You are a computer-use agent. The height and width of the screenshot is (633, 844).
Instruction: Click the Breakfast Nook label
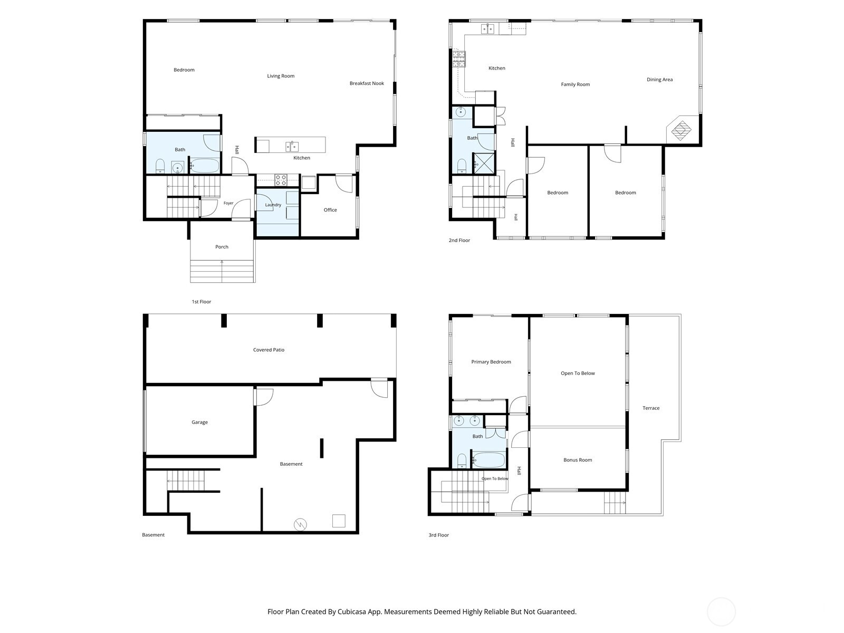click(x=367, y=83)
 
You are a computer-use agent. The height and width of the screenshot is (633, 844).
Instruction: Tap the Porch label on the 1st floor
click(x=222, y=247)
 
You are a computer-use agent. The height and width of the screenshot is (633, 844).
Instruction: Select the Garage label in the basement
click(x=199, y=422)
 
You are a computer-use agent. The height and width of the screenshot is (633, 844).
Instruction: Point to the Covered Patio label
click(x=268, y=350)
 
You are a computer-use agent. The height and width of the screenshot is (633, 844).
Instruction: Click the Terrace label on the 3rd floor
click(x=650, y=408)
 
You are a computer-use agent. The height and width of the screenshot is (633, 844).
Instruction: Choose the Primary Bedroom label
click(x=491, y=362)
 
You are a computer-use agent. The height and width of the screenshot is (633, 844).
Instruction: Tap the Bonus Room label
click(x=578, y=459)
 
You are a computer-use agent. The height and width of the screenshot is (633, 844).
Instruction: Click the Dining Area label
click(x=659, y=80)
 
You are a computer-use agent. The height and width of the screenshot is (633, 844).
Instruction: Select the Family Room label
click(x=575, y=84)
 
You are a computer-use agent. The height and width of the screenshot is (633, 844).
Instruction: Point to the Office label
click(x=330, y=210)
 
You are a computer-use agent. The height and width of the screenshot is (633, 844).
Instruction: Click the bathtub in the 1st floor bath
click(x=205, y=166)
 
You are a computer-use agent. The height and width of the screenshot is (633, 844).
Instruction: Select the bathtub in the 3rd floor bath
click(x=488, y=459)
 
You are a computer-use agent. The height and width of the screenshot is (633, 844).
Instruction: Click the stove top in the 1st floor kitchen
click(x=281, y=180)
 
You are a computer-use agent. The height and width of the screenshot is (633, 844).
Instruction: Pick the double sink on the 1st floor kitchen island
click(x=292, y=147)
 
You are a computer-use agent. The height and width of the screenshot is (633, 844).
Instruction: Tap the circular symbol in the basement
click(x=300, y=525)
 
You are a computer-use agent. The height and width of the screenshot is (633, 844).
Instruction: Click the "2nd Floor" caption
click(x=459, y=240)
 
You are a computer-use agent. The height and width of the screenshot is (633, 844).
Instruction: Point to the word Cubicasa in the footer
click(x=352, y=611)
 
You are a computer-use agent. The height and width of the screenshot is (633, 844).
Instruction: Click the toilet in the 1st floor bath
click(x=160, y=167)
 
